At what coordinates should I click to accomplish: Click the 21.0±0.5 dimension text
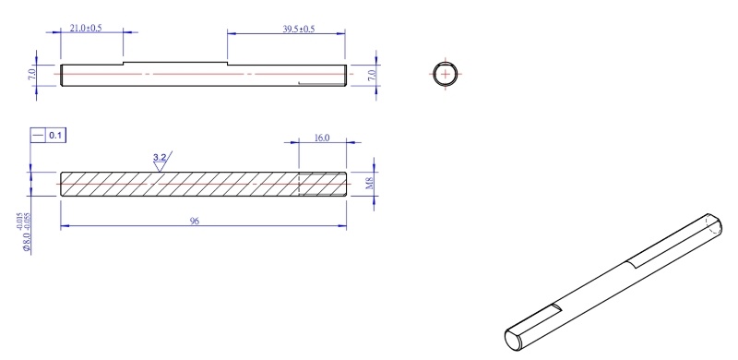point(86,29)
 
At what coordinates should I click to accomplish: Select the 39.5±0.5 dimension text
point(298,30)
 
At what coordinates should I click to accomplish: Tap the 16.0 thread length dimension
point(321,138)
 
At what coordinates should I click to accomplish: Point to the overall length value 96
point(195,221)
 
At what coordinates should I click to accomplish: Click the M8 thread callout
point(370,185)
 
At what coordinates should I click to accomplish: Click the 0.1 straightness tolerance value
point(55,136)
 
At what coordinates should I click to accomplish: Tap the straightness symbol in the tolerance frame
point(38,136)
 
